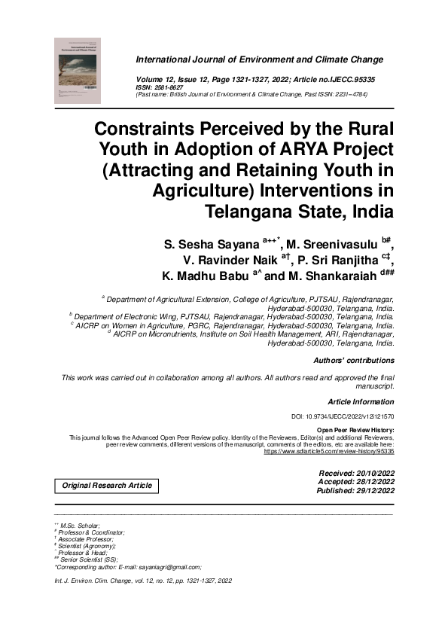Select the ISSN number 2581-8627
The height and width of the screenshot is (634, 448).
(x=170, y=87)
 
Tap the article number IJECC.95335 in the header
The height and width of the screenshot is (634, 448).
(x=357, y=78)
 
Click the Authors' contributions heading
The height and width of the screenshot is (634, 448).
(x=353, y=361)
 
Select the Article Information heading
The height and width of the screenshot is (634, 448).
(x=361, y=401)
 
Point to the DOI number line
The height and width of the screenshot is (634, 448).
(x=343, y=416)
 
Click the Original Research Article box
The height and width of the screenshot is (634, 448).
(x=107, y=486)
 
